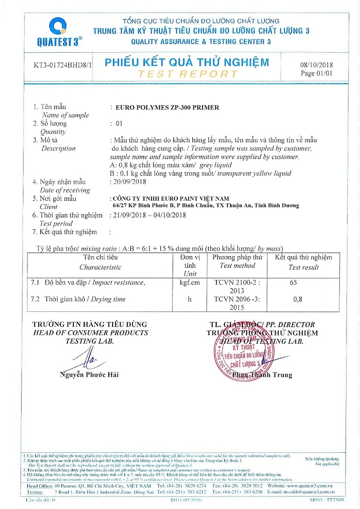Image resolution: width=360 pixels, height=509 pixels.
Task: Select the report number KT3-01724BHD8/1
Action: (x=63, y=65)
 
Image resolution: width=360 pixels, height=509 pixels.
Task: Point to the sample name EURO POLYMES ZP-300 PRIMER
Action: (x=167, y=108)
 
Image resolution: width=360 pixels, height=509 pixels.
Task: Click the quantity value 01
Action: (x=119, y=123)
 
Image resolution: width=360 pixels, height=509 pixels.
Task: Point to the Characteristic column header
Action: (x=100, y=267)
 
